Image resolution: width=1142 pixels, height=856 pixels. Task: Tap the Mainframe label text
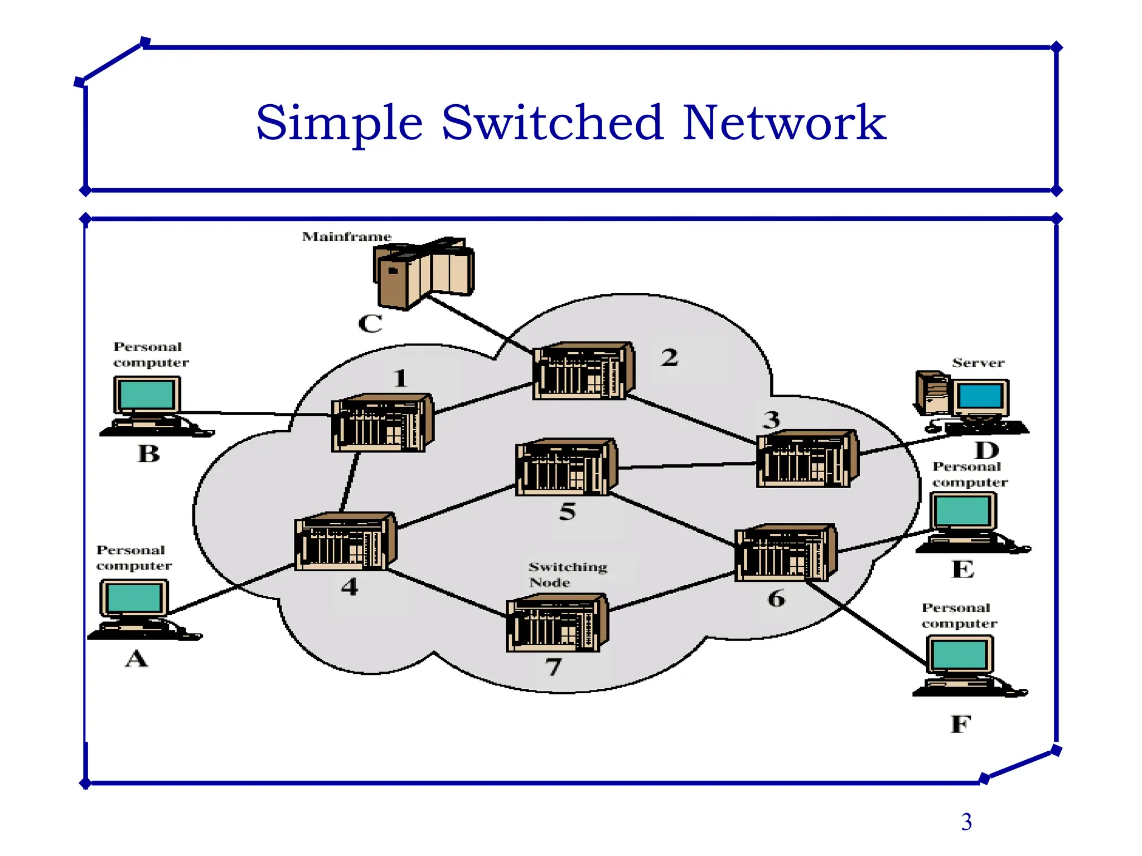[x=346, y=237]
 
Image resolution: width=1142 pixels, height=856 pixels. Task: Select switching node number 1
[x=383, y=423]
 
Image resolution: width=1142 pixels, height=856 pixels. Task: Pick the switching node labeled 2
[x=583, y=371]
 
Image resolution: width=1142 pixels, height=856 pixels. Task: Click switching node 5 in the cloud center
[x=567, y=467]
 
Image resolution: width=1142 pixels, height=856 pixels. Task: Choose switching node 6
[x=786, y=552]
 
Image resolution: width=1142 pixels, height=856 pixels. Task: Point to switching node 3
[x=807, y=459]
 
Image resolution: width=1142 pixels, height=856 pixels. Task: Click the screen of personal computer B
[x=147, y=395]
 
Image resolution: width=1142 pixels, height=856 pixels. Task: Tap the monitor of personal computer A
[x=134, y=597]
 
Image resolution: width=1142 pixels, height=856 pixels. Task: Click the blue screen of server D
[x=980, y=396]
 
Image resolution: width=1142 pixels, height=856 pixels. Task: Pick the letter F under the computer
[x=960, y=724]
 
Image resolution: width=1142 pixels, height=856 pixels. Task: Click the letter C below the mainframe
[x=370, y=324]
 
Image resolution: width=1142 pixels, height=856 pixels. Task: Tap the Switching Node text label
[x=567, y=575]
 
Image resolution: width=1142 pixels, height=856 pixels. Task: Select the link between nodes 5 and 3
[x=687, y=465]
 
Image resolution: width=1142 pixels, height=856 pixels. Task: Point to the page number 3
[x=966, y=822]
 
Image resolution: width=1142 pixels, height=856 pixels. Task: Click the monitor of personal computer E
[x=962, y=510]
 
